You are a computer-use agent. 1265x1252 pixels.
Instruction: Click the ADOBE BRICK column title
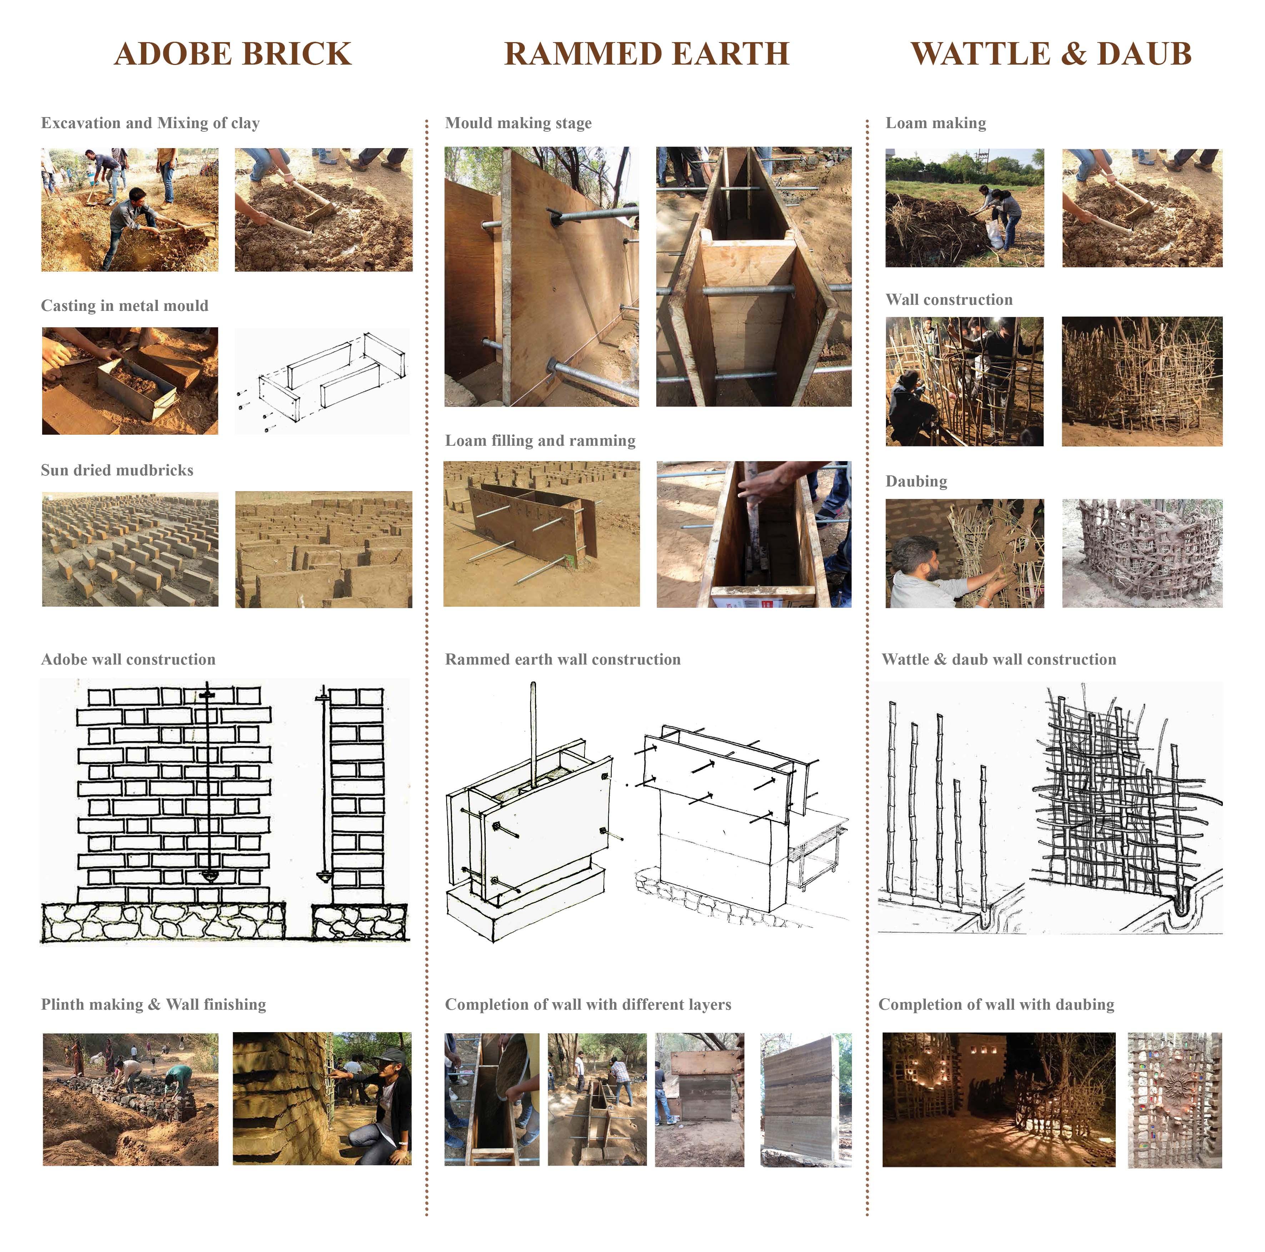233,54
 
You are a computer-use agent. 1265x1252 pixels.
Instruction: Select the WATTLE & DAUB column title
1051,54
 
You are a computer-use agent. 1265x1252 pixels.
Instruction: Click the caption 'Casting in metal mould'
124,306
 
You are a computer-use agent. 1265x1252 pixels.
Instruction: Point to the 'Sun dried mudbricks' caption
117,470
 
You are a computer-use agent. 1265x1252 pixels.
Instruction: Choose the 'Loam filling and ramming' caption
540,440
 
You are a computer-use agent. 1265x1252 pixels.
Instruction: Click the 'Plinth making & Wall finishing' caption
153,1005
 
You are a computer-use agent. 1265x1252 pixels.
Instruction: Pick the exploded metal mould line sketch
322,381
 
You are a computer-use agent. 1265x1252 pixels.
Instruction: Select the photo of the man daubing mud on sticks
964,554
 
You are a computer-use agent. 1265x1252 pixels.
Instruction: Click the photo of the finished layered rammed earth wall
806,1100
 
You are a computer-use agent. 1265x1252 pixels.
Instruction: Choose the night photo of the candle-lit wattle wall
999,1100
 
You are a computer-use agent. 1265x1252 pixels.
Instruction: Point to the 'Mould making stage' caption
518,123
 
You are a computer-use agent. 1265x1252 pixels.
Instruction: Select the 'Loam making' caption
936,123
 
